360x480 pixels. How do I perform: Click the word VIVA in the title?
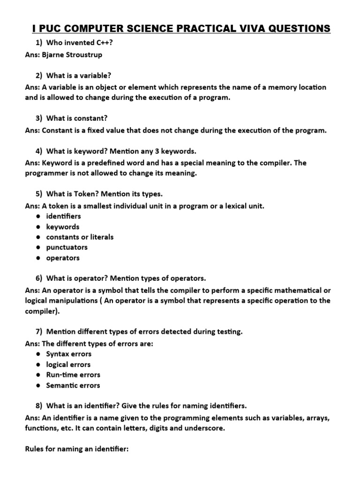pos(251,29)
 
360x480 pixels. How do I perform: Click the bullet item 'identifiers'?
pos(63,216)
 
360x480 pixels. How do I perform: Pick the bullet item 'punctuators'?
pos(67,247)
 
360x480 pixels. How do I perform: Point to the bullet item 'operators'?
pos(63,258)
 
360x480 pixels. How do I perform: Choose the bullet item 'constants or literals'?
pos(80,237)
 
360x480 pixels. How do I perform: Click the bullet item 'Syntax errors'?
pos(68,354)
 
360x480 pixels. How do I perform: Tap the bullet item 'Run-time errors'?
pos(73,375)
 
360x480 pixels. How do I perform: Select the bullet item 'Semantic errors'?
pos(73,385)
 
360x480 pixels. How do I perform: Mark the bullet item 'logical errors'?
pos(68,364)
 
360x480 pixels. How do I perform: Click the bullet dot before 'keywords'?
pos(37,227)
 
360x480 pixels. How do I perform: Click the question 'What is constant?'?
pos(80,119)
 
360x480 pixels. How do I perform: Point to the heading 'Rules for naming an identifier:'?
pos(76,449)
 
